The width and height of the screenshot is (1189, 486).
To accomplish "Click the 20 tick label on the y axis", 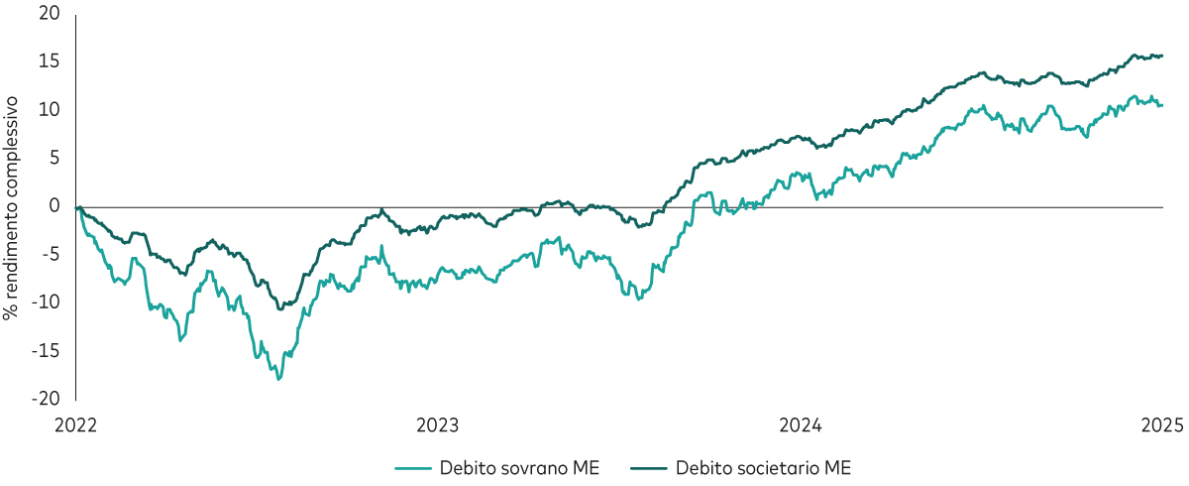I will tap(50, 15).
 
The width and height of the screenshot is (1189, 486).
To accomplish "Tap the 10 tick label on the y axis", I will tap(50, 110).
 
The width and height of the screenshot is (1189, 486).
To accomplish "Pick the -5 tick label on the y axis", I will tap(51, 254).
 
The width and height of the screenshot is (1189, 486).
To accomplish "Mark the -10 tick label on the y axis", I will tap(47, 302).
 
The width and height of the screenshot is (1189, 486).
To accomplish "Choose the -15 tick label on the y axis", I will tap(47, 350).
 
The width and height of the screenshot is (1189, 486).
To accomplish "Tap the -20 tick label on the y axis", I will tap(47, 398).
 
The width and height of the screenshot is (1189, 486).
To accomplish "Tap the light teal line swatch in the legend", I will tap(414, 467).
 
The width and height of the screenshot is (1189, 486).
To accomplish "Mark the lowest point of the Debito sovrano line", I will tap(279, 379).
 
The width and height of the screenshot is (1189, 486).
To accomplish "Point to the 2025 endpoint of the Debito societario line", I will tap(1161, 57).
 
